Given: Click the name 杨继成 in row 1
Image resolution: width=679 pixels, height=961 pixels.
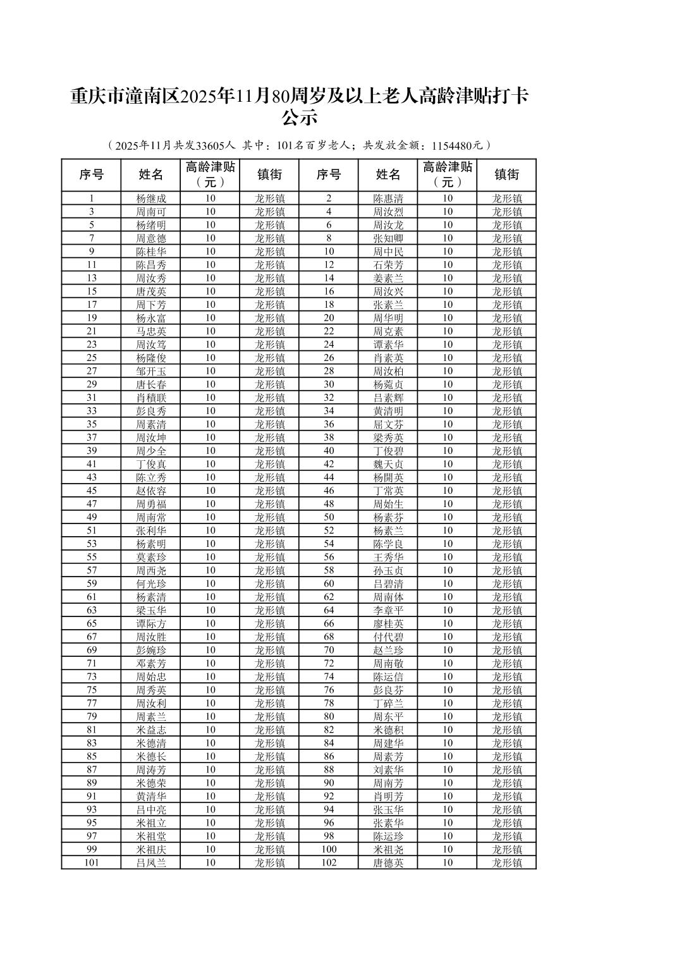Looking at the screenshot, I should [151, 199].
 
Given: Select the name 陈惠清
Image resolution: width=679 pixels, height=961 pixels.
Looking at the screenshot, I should [388, 199].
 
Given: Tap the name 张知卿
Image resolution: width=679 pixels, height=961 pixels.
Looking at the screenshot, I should [388, 238].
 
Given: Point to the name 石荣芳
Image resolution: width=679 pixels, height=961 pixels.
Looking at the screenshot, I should [388, 265].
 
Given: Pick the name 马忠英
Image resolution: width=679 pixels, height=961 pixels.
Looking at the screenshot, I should [151, 331].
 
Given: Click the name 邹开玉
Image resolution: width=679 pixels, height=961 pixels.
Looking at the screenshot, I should [151, 371].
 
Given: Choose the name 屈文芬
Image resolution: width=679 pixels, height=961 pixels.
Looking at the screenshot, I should [388, 424].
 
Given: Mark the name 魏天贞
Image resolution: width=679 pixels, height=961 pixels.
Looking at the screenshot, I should [388, 464].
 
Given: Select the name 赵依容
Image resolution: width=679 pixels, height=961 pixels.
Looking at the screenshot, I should [151, 491].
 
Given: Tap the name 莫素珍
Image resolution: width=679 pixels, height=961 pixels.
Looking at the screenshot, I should [151, 557].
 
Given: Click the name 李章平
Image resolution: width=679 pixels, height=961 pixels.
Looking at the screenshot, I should [388, 610].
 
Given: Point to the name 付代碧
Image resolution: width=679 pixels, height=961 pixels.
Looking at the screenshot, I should [388, 637].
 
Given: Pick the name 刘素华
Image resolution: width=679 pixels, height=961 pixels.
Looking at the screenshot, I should [388, 769].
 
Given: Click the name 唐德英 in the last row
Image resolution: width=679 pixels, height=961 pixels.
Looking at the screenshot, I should [388, 862].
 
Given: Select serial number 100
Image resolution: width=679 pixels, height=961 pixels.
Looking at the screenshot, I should [329, 849].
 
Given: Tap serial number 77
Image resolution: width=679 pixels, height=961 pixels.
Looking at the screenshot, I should [92, 703].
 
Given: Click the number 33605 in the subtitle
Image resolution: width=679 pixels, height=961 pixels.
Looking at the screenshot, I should [208, 145].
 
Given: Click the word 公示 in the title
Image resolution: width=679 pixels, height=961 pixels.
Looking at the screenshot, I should [298, 118].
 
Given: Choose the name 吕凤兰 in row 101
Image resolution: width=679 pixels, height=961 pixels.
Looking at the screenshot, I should [151, 862].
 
